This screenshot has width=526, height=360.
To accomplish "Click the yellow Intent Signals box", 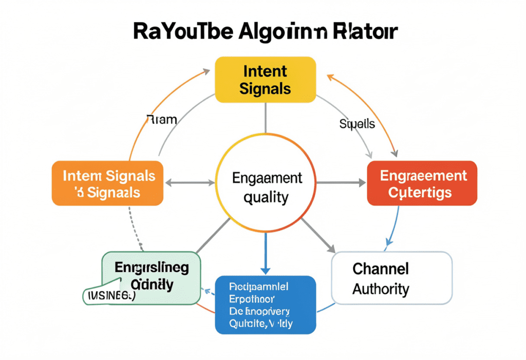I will click(x=265, y=79).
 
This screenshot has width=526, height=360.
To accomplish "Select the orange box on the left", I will click(x=107, y=183).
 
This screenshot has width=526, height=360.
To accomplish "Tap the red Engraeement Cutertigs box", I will click(x=422, y=183).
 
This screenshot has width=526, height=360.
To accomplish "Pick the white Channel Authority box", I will click(x=392, y=278).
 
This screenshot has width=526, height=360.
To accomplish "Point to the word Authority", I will click(x=381, y=289).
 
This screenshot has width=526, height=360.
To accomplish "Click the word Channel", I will click(x=381, y=268).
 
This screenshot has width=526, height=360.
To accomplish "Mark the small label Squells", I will click(x=357, y=124).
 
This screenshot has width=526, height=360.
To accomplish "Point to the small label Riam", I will click(x=162, y=120).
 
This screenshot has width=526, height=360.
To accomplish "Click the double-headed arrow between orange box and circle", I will click(x=189, y=182).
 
